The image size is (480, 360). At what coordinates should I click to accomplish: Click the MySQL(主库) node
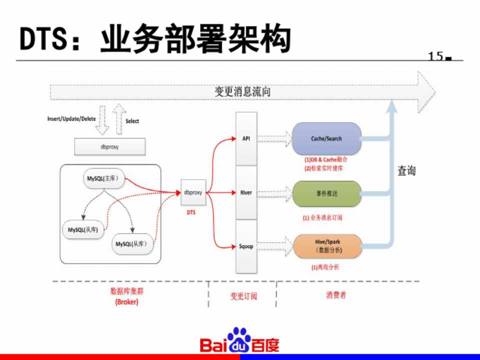click(104, 178)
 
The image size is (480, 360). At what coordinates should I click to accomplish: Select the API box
click(246, 138)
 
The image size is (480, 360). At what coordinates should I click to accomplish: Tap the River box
click(246, 192)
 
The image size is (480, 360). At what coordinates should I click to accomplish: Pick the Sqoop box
click(246, 246)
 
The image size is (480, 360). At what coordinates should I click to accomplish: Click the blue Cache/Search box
click(326, 138)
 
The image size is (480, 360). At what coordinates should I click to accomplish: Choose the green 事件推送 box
click(326, 193)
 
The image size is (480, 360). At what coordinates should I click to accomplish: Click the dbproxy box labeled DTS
click(193, 192)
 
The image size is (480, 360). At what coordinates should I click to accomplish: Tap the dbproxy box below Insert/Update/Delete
click(110, 147)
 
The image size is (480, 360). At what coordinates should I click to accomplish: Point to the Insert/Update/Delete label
click(71, 118)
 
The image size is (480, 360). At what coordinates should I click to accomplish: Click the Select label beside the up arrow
click(132, 121)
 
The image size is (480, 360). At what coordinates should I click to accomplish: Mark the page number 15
click(436, 56)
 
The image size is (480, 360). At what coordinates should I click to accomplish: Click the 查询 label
click(406, 171)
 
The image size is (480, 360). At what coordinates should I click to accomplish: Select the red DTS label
click(191, 212)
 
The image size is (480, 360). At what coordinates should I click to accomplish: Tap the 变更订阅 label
click(243, 296)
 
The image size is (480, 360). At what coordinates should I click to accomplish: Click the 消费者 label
click(336, 295)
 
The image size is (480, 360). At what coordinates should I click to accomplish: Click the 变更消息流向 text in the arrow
click(243, 91)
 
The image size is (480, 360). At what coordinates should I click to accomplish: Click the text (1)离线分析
click(325, 267)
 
